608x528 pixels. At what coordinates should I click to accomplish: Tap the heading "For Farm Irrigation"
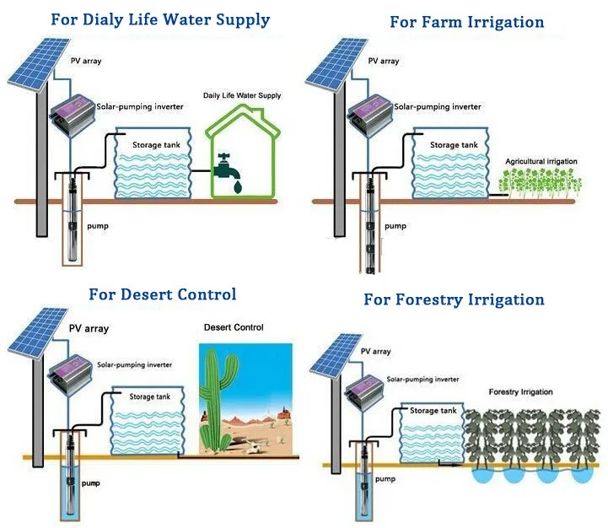pos(466,22)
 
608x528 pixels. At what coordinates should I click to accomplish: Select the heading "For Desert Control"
pos(162,294)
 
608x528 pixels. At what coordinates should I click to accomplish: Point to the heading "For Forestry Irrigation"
pos(454,299)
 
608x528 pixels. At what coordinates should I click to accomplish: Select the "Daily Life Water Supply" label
pos(241,95)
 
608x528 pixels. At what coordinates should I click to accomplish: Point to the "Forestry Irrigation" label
pos(520,392)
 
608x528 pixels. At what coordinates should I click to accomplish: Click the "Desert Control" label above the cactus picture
pos(234,327)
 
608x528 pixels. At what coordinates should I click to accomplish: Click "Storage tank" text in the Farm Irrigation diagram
pos(454,145)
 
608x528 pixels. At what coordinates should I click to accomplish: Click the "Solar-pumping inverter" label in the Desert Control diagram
pos(133,365)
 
